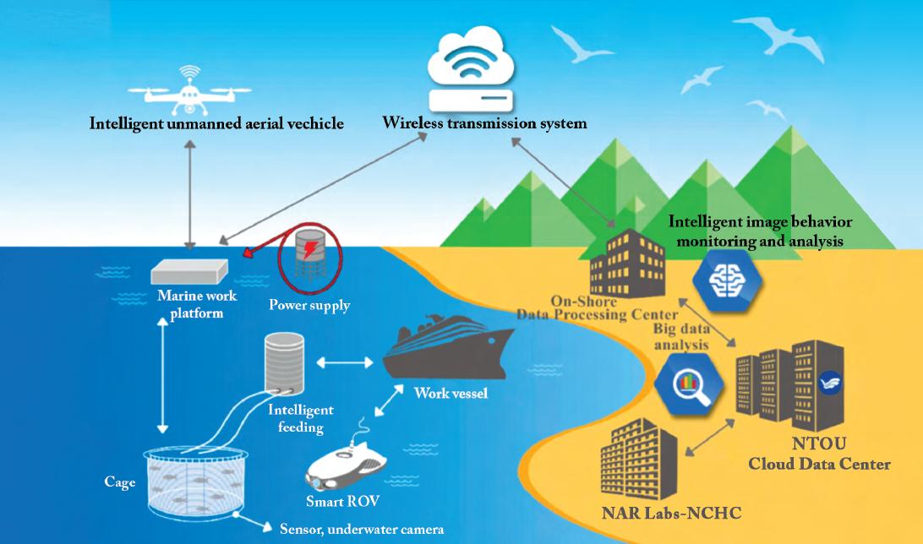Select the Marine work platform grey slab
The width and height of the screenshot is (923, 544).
tap(190, 270)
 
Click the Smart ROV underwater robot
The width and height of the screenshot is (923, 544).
tap(347, 461)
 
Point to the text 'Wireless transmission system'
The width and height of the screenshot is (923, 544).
tap(484, 123)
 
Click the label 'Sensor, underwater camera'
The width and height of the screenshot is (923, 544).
tap(361, 530)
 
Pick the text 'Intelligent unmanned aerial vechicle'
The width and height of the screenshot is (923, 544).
tap(216, 124)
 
